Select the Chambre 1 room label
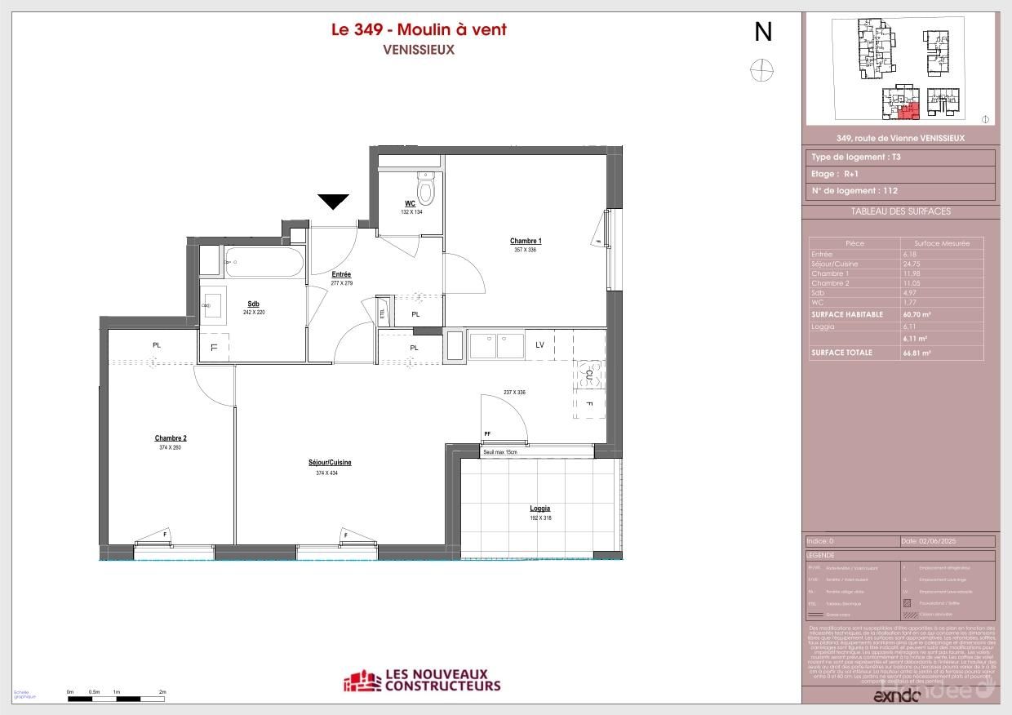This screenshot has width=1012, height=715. click(526, 241)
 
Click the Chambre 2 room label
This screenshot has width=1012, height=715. click(171, 438)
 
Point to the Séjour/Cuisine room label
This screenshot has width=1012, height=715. click(330, 463)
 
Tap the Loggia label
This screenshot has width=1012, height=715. click(540, 508)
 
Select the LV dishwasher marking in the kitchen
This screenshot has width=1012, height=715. click(539, 345)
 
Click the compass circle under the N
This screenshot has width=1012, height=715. click(761, 71)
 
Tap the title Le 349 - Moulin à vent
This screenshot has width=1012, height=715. click(418, 30)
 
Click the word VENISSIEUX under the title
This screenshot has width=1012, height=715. click(418, 49)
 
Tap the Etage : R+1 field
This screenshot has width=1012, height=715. click(834, 174)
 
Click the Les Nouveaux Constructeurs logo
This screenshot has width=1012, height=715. click(422, 680)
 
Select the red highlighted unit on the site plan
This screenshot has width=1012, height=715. click(908, 110)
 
